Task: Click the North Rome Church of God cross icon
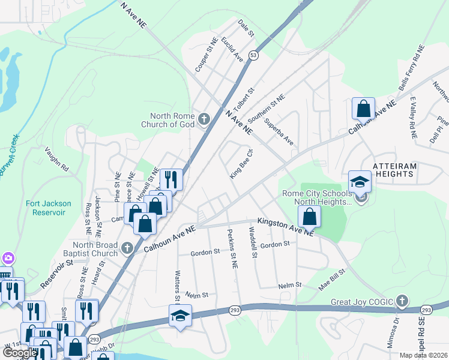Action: pos(203,119)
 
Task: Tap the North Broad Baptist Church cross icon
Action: pos(127,247)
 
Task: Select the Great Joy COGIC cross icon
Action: pos(402,301)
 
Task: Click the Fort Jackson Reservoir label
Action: pos(49,208)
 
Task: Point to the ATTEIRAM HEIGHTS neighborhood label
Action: pos(393,169)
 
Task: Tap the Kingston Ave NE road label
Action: pos(285,227)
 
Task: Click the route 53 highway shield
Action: pos(255,55)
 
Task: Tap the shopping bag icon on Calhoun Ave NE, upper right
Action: pos(363,109)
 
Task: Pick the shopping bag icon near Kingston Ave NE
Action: pos(309,216)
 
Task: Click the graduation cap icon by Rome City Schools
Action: pos(360,182)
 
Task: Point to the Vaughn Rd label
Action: pos(56,160)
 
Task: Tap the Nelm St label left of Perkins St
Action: pos(197,295)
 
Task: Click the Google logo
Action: pos(20,352)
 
